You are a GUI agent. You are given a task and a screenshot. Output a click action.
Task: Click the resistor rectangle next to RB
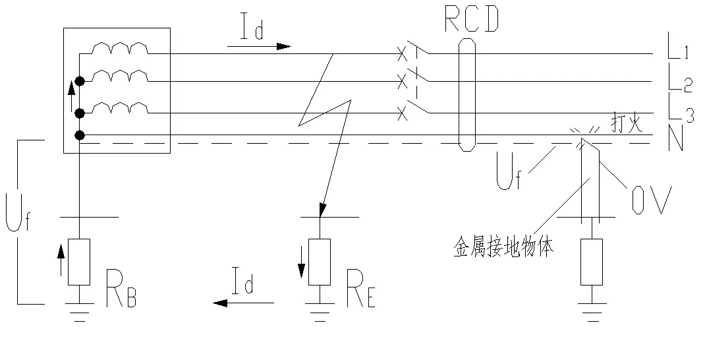pos(78,262)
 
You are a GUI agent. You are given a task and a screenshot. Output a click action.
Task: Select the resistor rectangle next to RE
pos(320,262)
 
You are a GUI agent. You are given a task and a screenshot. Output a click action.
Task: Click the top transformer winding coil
pos(120,49)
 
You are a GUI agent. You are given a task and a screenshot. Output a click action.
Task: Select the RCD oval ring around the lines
pos(466,94)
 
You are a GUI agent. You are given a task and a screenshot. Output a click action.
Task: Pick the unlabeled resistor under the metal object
pos(591,262)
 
